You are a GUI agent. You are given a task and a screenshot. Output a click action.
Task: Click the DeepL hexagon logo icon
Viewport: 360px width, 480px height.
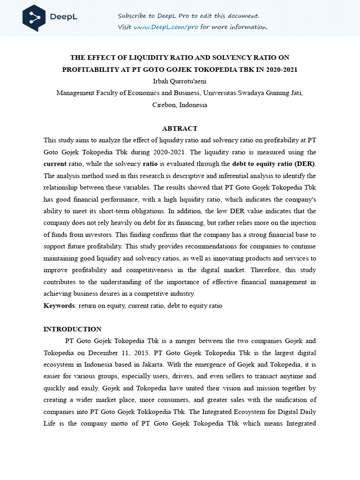point(34,17)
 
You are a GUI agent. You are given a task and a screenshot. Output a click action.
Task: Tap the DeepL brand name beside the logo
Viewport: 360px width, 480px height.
point(63,17)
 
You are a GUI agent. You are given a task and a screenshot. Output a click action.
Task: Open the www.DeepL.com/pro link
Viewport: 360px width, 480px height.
point(166,27)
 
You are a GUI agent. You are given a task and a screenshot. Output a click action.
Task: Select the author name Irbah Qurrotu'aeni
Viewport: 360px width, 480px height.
point(180,81)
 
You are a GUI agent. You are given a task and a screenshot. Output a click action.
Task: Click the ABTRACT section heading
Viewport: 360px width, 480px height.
point(180,128)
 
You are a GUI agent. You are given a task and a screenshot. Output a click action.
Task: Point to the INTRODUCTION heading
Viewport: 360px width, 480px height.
point(72,329)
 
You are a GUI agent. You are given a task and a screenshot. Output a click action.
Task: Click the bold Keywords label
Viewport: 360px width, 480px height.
point(59,306)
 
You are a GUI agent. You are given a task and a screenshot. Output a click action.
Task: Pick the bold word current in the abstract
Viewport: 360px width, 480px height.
point(55,164)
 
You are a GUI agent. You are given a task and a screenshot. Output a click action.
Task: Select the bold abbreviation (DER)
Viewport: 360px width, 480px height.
point(304,164)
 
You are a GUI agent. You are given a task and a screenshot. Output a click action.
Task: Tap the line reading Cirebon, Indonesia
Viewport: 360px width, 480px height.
point(180,105)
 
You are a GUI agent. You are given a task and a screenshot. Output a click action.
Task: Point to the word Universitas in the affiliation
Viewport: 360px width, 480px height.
point(220,93)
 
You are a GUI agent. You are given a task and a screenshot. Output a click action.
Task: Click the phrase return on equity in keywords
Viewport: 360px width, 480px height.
point(101,306)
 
